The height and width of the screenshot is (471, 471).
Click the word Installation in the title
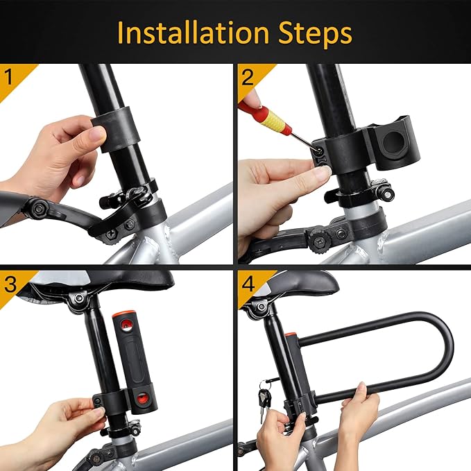pos(194,33)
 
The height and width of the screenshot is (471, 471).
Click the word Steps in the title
pos(312,33)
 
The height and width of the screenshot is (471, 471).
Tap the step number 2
pos(248,76)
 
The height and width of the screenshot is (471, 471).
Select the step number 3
pos(10,284)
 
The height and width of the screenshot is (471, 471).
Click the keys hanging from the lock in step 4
pos(264,398)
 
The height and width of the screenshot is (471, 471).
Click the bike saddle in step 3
pos(104,281)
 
